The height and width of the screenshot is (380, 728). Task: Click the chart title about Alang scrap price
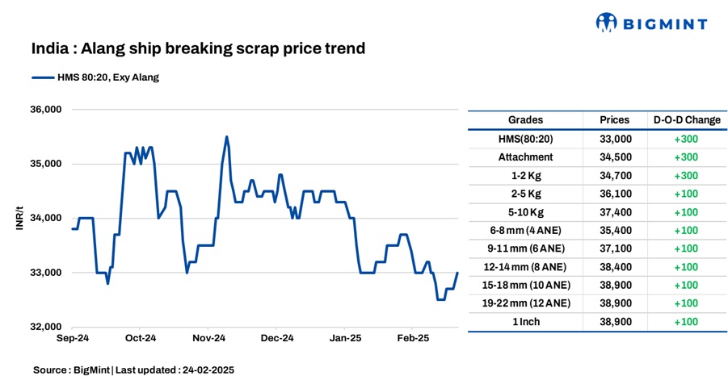coord(198,48)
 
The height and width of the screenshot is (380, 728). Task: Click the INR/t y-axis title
coord(19,218)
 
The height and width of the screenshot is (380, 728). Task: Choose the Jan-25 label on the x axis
coord(346,340)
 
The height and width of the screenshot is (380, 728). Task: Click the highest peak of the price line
coord(226,136)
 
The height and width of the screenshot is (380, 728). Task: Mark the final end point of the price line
coord(457,273)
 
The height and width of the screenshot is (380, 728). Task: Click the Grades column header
coord(525,120)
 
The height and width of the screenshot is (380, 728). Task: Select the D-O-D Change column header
coord(686,120)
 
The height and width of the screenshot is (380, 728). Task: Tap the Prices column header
coord(615,120)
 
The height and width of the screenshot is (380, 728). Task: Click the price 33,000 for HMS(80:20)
coord(615,139)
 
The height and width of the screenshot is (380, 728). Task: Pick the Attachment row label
coord(525,157)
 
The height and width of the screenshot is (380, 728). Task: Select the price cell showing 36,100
coord(615,194)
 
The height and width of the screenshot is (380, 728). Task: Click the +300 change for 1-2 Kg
coord(686,175)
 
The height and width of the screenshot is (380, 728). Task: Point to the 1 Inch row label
coord(525,322)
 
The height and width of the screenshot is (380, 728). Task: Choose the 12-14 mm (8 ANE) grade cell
coord(525,267)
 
